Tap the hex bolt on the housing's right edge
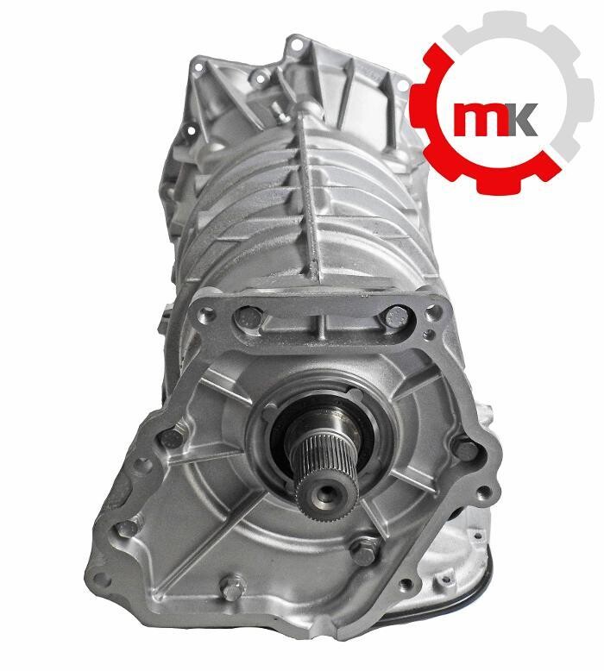click(465, 450)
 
